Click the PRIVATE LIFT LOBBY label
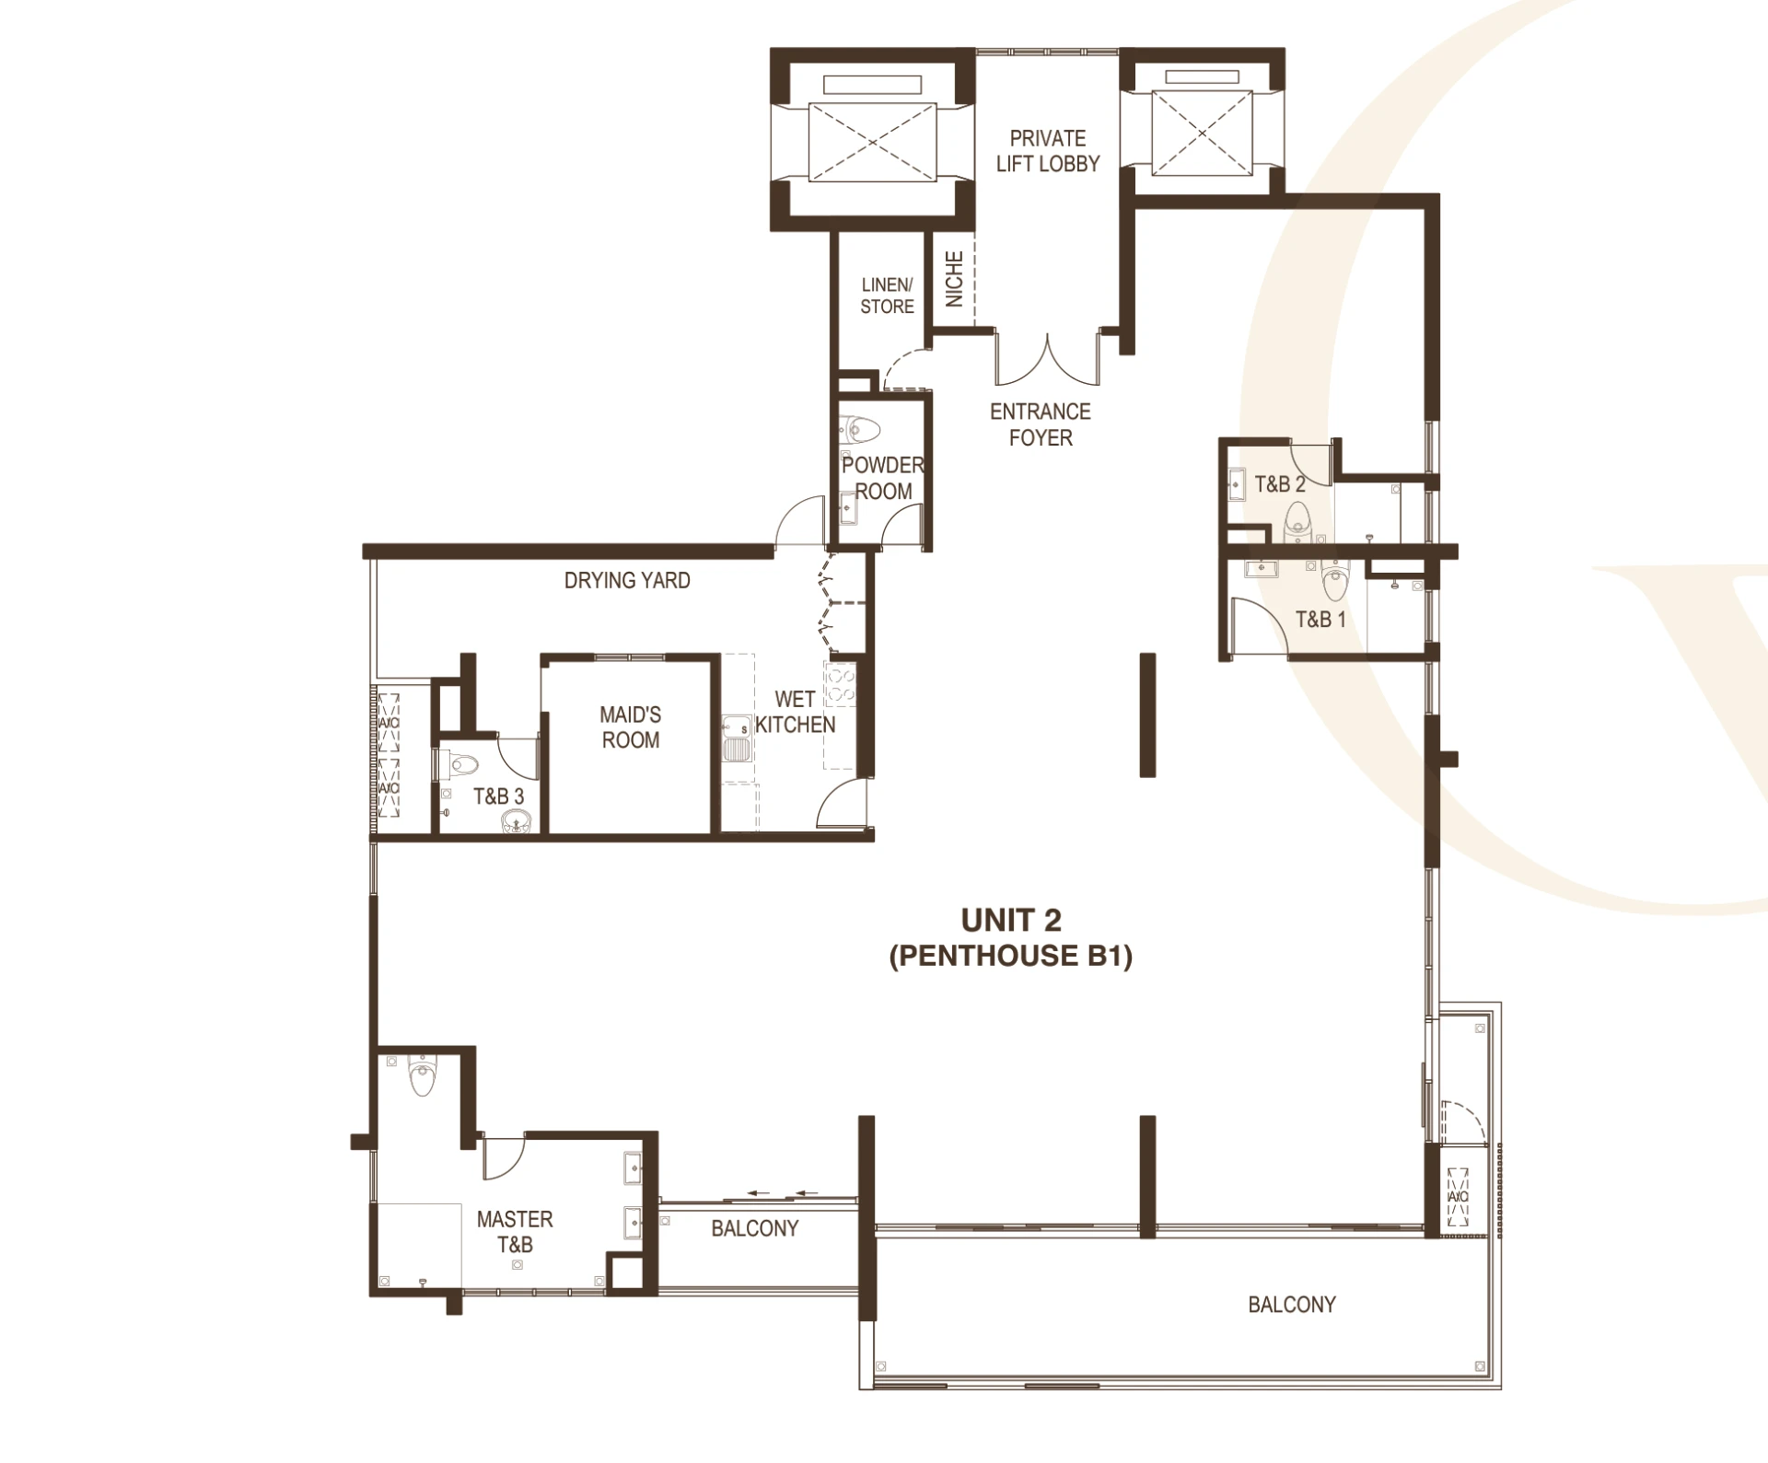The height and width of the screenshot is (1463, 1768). (1048, 151)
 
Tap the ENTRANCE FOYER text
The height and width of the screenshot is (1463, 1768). (1041, 424)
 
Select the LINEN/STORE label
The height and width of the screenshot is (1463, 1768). (887, 296)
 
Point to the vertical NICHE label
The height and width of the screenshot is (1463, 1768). (954, 279)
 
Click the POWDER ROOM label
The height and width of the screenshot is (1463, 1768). (882, 478)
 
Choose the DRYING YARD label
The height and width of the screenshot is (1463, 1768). (627, 580)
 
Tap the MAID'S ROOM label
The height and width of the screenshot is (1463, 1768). (631, 727)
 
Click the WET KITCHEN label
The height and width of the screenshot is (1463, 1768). (795, 712)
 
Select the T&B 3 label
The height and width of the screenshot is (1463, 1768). (498, 796)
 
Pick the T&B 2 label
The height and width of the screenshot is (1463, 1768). (1280, 483)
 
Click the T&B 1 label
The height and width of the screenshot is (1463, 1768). (1320, 619)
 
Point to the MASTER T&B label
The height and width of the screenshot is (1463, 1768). (515, 1232)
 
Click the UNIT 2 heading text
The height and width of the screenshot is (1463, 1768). (1011, 920)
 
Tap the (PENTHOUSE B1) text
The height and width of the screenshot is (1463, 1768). (1011, 956)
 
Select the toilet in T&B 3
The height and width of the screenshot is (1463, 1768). (460, 764)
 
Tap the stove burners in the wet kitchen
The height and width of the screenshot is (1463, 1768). (841, 685)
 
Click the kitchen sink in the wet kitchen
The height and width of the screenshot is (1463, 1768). (737, 740)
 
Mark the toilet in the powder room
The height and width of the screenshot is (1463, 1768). (860, 429)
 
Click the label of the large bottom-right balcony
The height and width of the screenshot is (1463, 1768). (1292, 1304)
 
